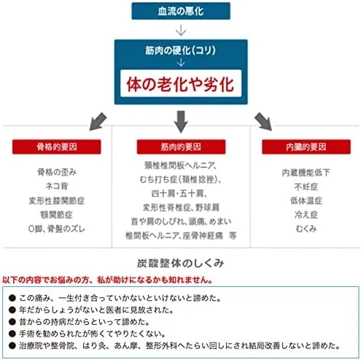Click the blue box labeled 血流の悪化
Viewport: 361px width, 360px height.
[x=181, y=11]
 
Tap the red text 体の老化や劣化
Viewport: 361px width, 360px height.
[x=180, y=84]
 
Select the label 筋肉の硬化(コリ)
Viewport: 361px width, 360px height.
[x=180, y=50]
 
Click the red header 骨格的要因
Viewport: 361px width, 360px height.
[x=57, y=147]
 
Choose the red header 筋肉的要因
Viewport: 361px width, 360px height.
[x=181, y=147]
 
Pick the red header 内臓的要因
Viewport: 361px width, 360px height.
[x=306, y=147]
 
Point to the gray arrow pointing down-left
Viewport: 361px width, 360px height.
[x=98, y=121]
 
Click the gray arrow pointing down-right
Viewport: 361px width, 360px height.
[x=263, y=121]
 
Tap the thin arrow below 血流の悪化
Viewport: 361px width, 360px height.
[x=181, y=30]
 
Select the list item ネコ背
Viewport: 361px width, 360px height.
[x=57, y=186]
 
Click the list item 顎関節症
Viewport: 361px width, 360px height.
[x=57, y=215]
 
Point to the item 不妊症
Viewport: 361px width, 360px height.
[x=306, y=187]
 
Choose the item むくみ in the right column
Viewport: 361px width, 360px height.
[x=306, y=229]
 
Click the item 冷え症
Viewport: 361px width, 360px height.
[x=306, y=215]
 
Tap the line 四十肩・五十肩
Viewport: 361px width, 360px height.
[x=179, y=194]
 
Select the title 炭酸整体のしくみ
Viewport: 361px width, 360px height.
[x=180, y=263]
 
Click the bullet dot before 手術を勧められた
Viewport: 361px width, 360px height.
[x=12, y=334]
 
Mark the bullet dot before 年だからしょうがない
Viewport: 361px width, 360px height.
[x=12, y=310]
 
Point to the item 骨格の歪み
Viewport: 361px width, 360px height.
[x=57, y=172]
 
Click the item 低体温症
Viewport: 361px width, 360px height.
[x=306, y=201]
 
